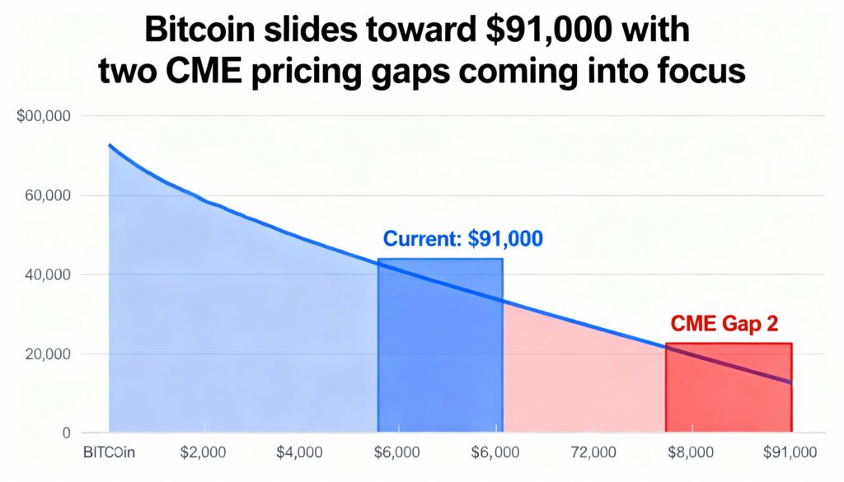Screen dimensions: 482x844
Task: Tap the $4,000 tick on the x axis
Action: click(299, 452)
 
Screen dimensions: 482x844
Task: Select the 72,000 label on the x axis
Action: click(593, 452)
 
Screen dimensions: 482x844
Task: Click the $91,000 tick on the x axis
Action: click(790, 452)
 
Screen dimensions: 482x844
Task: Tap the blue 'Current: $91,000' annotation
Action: click(463, 240)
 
